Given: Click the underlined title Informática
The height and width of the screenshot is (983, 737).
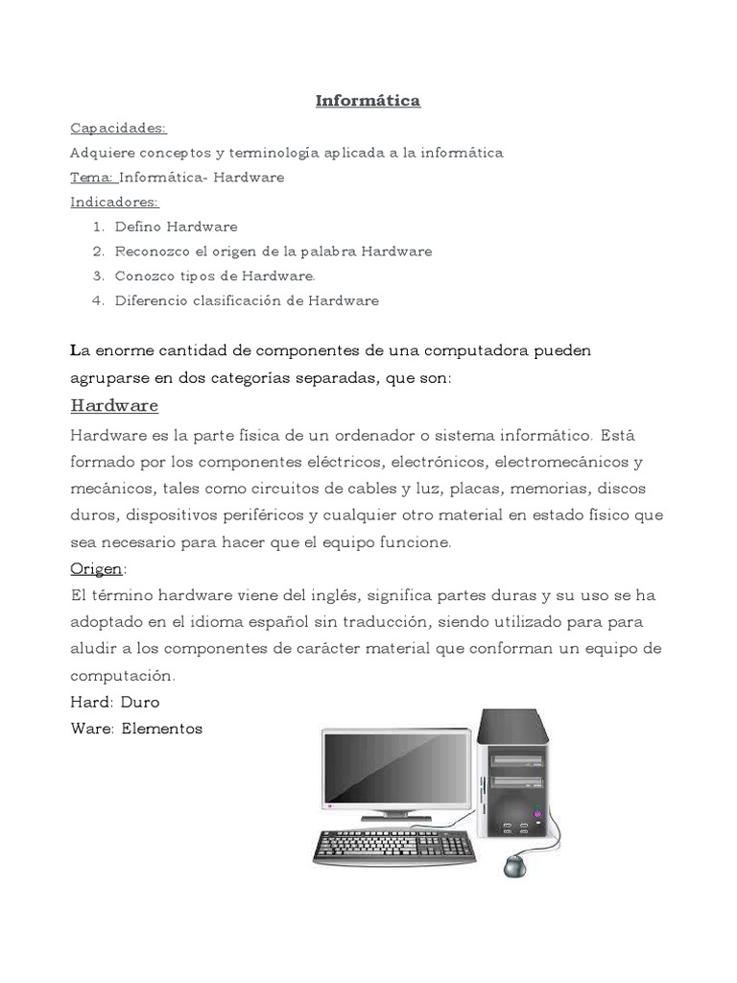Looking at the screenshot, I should (x=368, y=100).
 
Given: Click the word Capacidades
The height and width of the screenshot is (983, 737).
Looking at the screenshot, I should (x=118, y=128).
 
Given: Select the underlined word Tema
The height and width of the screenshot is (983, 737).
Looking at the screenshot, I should (x=92, y=178).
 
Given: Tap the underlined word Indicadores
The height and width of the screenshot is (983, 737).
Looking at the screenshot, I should (x=114, y=202).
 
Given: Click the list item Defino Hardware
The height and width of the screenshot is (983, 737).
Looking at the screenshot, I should (x=176, y=227).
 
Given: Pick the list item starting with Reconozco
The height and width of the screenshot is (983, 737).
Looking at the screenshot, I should (x=273, y=252).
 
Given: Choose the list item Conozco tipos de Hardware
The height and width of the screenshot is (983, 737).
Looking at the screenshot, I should (x=215, y=276).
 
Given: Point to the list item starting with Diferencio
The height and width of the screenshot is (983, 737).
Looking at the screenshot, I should (x=247, y=300).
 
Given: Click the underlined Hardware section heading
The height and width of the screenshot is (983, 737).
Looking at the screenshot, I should (x=114, y=405).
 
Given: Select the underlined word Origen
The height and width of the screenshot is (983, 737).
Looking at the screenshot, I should (x=96, y=569).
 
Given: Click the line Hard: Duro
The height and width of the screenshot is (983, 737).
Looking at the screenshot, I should (x=115, y=702).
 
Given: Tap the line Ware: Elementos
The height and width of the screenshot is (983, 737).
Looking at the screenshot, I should (x=136, y=729).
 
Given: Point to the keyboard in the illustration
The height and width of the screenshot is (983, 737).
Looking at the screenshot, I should (x=394, y=846).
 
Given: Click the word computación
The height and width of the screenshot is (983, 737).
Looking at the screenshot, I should (x=123, y=675).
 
